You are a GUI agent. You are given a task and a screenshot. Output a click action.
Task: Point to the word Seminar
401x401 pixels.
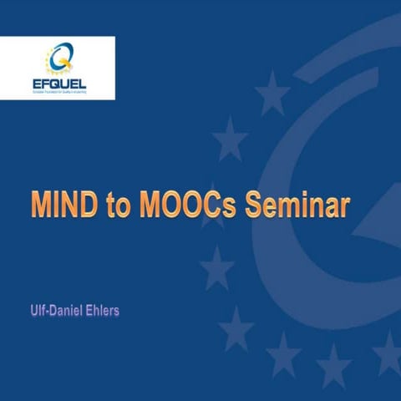tap(296, 206)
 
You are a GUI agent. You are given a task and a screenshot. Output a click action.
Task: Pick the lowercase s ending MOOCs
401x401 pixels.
tap(236, 208)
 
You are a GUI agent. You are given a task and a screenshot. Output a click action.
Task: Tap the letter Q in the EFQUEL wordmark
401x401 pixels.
tap(58, 84)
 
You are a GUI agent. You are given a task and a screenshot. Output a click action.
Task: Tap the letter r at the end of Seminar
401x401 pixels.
tap(343, 208)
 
